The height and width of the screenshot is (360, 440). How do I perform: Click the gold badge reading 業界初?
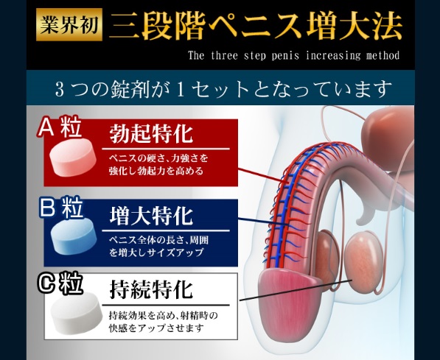pyautogui.click(x=69, y=24)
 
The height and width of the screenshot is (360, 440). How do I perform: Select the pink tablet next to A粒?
pyautogui.click(x=73, y=158)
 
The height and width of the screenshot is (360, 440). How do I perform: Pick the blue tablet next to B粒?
pyautogui.click(x=74, y=236)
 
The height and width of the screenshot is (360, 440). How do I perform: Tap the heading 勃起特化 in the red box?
pyautogui.click(x=151, y=134)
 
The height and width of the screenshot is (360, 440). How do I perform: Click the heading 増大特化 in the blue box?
pyautogui.click(x=151, y=216)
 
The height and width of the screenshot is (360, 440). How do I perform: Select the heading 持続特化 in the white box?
pyautogui.click(x=151, y=290)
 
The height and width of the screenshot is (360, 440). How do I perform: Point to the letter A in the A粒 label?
pyautogui.click(x=48, y=127)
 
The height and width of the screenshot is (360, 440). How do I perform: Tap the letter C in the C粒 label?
pyautogui.click(x=48, y=283)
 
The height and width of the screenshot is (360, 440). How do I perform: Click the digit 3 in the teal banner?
pyautogui.click(x=60, y=90)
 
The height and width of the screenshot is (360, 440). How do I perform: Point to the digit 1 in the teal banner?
pyautogui.click(x=181, y=90)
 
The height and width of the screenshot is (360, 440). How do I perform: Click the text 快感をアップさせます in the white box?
pyautogui.click(x=156, y=328)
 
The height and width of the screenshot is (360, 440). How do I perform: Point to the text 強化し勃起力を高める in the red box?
pyautogui.click(x=156, y=171)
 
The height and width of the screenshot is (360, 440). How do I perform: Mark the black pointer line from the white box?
pyautogui.click(x=296, y=290)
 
